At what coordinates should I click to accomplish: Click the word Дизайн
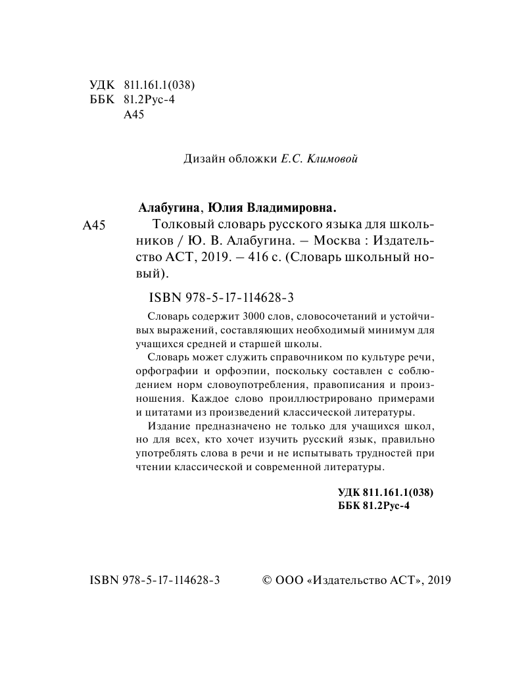[201, 158]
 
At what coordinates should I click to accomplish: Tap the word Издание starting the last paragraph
[170, 427]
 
